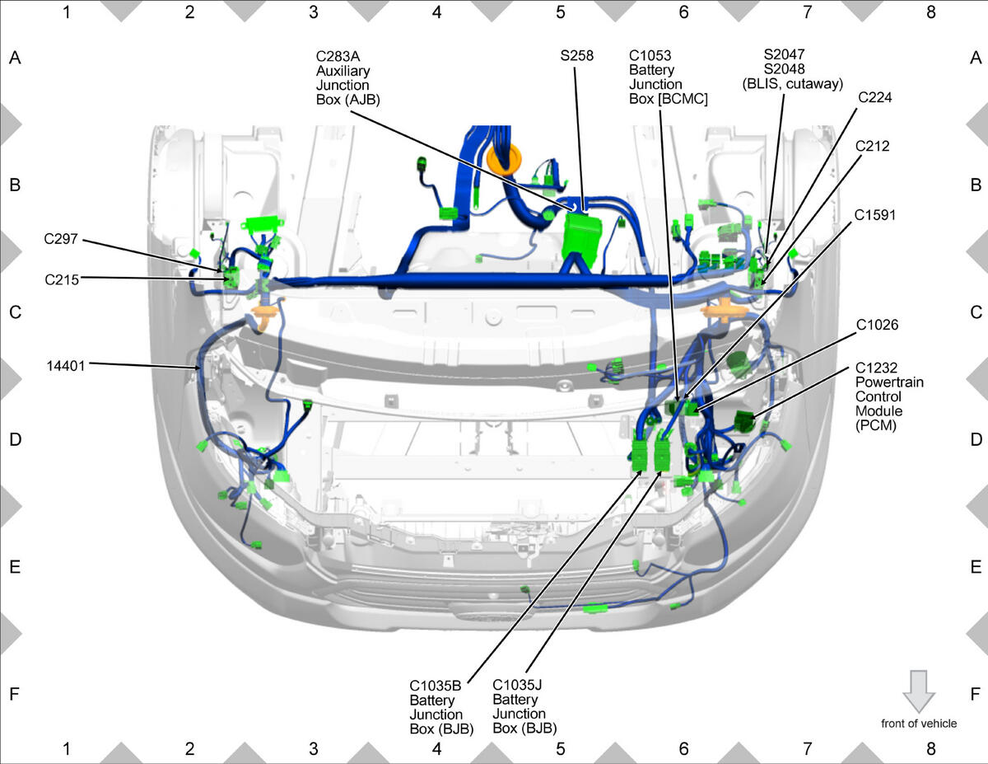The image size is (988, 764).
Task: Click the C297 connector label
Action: click(60, 239)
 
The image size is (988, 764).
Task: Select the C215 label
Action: click(62, 279)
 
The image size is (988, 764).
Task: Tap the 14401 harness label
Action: click(66, 366)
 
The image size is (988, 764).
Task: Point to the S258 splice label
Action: click(576, 55)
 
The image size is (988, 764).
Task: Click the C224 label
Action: click(874, 97)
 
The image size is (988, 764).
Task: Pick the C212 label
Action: click(872, 146)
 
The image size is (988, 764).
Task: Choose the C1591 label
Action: click(874, 215)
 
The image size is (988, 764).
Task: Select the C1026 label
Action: click(877, 325)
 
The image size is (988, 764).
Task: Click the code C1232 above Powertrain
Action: click(876, 368)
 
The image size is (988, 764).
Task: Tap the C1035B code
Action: click(435, 686)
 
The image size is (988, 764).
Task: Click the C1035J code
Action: click(517, 685)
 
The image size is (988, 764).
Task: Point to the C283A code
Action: click(338, 56)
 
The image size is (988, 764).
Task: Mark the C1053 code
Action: click(650, 55)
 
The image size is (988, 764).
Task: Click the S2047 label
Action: click(785, 54)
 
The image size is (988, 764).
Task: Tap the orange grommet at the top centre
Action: click(504, 160)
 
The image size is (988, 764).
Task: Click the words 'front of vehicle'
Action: click(919, 724)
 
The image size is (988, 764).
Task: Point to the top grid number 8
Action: click(930, 12)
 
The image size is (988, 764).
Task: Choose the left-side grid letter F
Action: click(15, 694)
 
